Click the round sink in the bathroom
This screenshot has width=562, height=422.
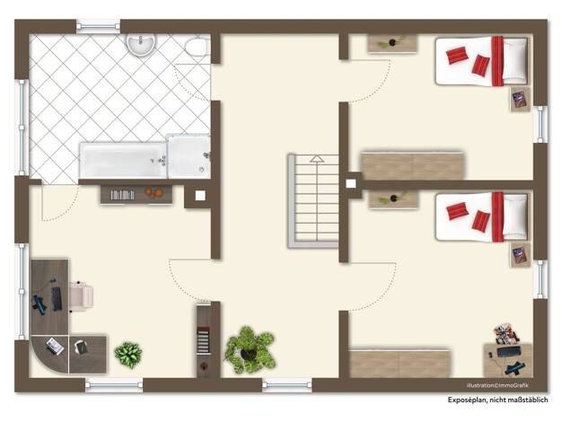140,44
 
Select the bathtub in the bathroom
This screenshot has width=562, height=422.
123,160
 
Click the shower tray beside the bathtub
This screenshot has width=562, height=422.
189,157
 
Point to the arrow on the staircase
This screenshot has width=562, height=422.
317,158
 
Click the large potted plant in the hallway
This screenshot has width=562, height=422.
250,349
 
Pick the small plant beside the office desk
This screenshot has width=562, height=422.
128,355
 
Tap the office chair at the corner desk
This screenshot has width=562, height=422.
81,296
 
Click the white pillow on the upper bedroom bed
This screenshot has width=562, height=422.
515,61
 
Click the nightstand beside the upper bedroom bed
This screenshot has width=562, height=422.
521,100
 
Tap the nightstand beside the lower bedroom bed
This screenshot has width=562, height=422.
521,255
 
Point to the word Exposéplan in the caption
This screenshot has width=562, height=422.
467,400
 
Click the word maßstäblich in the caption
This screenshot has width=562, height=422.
530,400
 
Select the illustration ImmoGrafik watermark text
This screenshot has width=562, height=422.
497,385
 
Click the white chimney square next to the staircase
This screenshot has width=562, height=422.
351,183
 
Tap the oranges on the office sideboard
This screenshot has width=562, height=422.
154,193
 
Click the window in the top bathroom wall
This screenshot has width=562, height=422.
98,26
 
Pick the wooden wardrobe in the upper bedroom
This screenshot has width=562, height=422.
412,166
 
